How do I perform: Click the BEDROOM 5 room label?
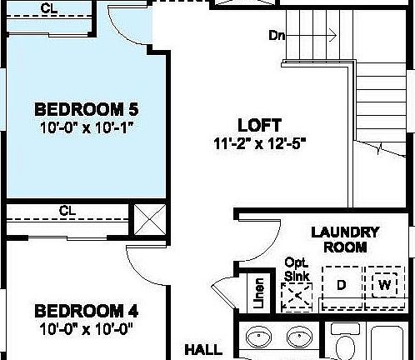point(86,110)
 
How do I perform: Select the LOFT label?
point(259,125)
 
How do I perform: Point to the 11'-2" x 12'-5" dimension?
point(260,142)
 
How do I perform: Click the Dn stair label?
point(277,36)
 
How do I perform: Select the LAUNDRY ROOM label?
point(345,239)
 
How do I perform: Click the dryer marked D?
point(340,285)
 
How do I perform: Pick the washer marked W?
point(385,283)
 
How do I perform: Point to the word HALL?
point(203,348)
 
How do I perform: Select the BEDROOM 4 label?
point(86,312)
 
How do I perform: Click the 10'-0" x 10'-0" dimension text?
point(86,329)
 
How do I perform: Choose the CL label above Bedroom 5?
point(50,8)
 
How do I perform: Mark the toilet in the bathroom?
point(343,345)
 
